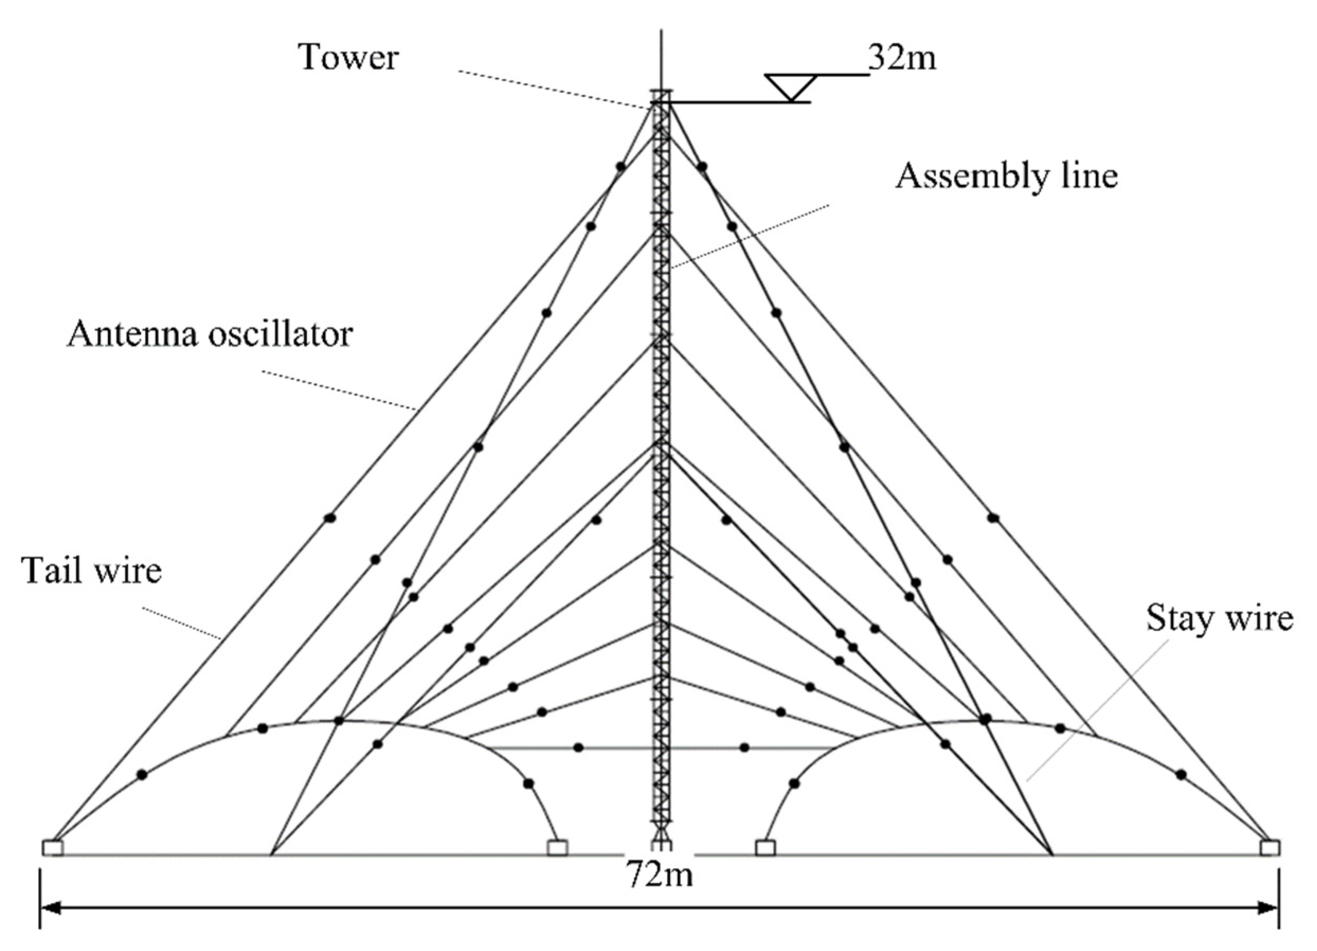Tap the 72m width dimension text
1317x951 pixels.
coord(660,873)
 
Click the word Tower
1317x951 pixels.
coord(348,58)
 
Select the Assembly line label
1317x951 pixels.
coord(1007,176)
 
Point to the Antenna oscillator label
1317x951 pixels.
coord(210,335)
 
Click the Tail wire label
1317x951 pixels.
coord(92,571)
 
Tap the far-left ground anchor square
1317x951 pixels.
coord(52,848)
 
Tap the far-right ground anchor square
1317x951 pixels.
coord(1269,848)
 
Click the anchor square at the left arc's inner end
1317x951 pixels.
coord(557,848)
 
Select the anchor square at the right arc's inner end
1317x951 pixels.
coord(765,848)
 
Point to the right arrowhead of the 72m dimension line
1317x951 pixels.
coord(1268,908)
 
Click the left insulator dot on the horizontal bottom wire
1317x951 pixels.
coord(579,747)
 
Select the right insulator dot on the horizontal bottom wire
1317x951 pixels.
coord(744,747)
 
